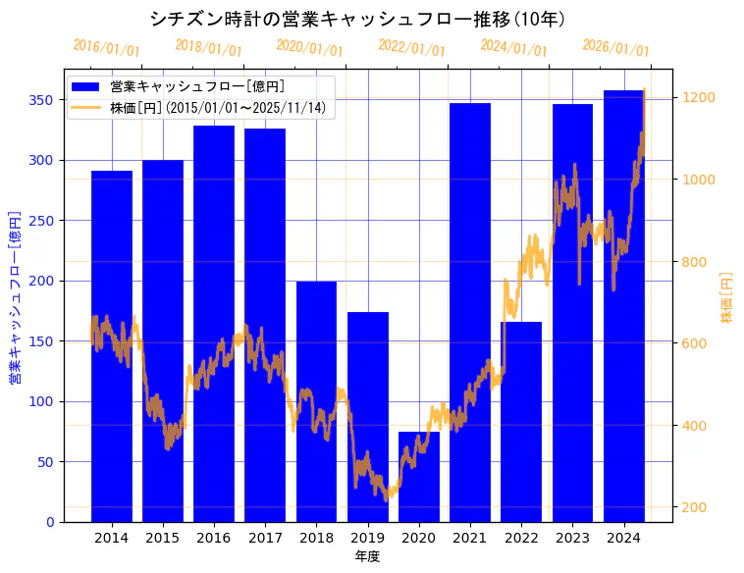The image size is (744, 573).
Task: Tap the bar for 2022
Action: [521, 422]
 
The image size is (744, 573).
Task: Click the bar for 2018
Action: [316, 401]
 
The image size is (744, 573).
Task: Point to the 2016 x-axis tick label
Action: [214, 538]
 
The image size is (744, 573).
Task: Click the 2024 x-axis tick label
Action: [623, 538]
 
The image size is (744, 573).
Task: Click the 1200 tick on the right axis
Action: [699, 97]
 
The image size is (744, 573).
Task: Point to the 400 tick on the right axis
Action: [695, 426]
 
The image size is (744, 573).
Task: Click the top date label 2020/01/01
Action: [310, 48]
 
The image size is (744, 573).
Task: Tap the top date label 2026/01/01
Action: [615, 48]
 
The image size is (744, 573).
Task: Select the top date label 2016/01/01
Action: [106, 48]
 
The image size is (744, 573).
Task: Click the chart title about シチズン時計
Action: [357, 19]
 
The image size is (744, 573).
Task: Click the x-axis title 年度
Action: [367, 556]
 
